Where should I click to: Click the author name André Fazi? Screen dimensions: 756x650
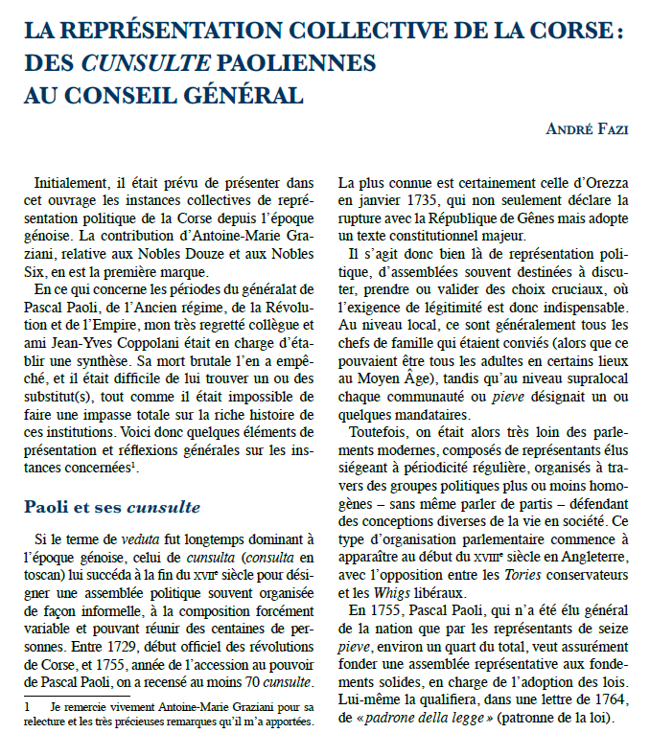[x=588, y=129]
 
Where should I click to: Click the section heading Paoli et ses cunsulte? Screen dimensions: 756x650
[x=112, y=507]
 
